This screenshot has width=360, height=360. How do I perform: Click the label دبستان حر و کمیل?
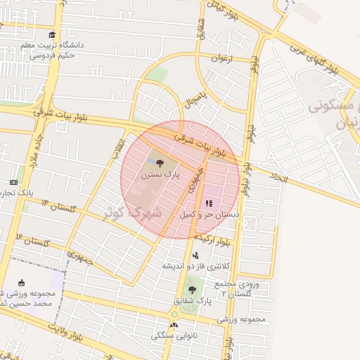(x=210, y=213)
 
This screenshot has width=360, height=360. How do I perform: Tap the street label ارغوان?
(x=221, y=58)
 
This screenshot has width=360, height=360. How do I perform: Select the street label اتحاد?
(x=280, y=179)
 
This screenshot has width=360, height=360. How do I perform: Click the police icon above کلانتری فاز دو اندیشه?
(x=195, y=255)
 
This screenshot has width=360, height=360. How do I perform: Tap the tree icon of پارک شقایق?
(x=192, y=289)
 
